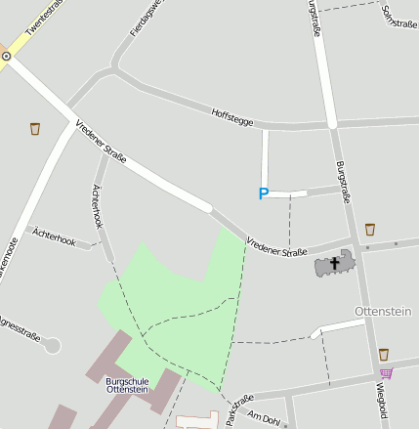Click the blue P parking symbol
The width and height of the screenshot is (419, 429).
pyautogui.click(x=263, y=194)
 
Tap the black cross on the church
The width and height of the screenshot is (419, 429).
pyautogui.click(x=335, y=262)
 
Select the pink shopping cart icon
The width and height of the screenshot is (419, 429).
pyautogui.click(x=387, y=373)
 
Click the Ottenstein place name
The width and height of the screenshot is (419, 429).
pyautogui.click(x=383, y=311)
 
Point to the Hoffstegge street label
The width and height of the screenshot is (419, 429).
pyautogui.click(x=232, y=117)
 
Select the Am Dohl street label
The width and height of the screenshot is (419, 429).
pyautogui.click(x=264, y=418)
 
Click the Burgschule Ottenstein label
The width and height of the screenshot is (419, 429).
pyautogui.click(x=127, y=384)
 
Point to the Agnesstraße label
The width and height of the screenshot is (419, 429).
pyautogui.click(x=20, y=328)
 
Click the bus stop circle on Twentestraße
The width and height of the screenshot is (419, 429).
pyautogui.click(x=6, y=56)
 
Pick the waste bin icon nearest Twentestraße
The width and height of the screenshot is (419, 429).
pyautogui.click(x=36, y=128)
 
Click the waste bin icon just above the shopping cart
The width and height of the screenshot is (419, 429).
pyautogui.click(x=384, y=354)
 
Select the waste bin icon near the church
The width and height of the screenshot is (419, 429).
pyautogui.click(x=369, y=230)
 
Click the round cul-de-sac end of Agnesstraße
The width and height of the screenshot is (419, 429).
pyautogui.click(x=52, y=345)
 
